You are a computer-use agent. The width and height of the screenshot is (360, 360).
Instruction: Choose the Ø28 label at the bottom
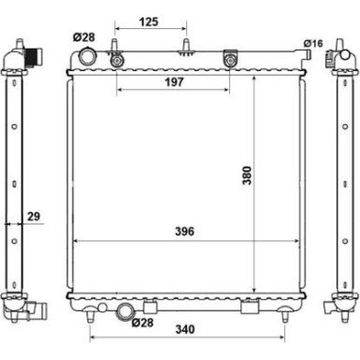pyautogui.click(x=142, y=324)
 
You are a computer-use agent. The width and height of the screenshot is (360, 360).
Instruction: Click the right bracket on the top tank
pyautogui.click(x=229, y=62)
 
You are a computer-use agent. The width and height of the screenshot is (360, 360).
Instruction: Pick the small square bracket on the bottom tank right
pyautogui.click(x=250, y=308)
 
